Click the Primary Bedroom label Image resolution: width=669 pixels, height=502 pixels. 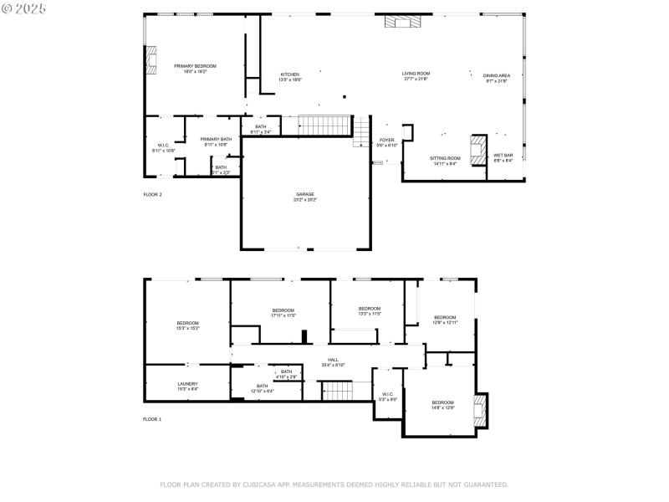[x=195, y=66]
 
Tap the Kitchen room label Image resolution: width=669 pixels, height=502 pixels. [x=290, y=74]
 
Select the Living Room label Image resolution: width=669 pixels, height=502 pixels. [x=416, y=74]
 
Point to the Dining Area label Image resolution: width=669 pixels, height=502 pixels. [x=496, y=75]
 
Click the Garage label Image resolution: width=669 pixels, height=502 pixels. [x=304, y=194]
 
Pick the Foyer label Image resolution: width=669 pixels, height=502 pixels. [x=386, y=141]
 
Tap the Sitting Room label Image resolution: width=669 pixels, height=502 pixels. [x=445, y=158]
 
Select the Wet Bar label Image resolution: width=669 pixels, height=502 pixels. [x=503, y=156]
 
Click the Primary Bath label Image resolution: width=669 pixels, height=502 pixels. [x=216, y=140]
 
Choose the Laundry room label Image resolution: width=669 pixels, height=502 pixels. [x=187, y=384]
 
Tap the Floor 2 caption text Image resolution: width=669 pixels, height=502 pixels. [x=152, y=194]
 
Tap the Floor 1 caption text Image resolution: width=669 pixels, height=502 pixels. [x=152, y=418]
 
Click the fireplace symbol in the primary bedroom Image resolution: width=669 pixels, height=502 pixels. [x=151, y=59]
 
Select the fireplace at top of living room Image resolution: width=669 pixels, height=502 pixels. [x=399, y=21]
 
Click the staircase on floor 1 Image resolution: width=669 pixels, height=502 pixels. [x=338, y=390]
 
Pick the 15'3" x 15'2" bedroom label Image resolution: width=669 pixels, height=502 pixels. [x=187, y=324]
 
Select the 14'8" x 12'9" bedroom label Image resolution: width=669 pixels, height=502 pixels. [x=442, y=403]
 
